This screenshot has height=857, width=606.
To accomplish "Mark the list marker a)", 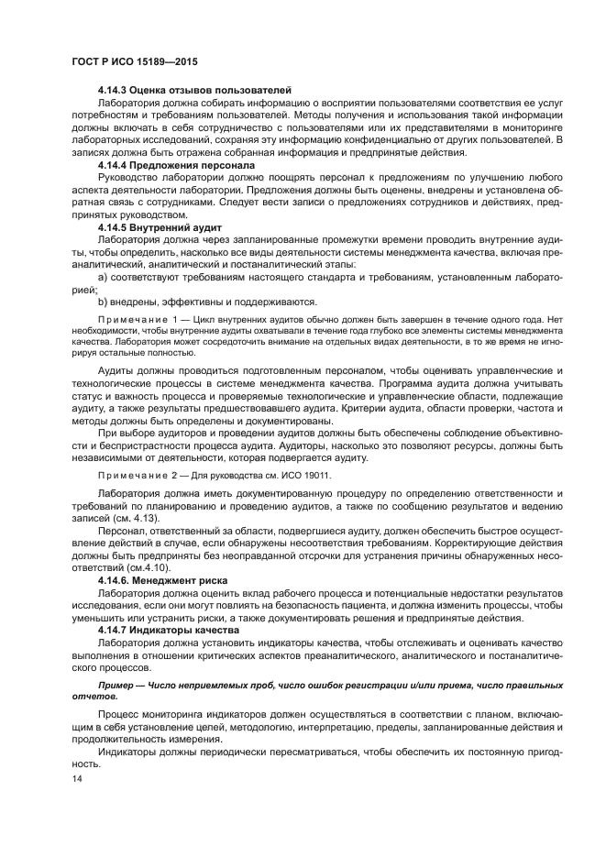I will (x=103, y=275).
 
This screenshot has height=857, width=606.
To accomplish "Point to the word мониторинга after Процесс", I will (x=176, y=713).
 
